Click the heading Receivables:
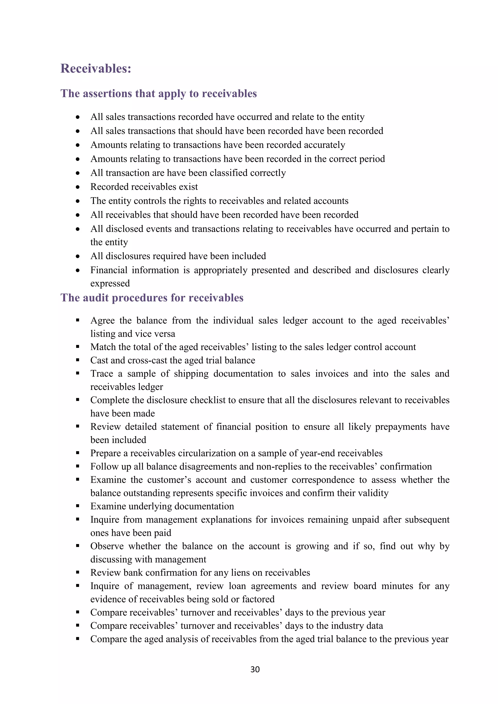click(x=96, y=68)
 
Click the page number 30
click(x=255, y=669)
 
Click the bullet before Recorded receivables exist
click(x=78, y=187)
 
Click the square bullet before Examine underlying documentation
click(x=78, y=506)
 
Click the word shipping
click(x=191, y=374)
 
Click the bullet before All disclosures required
click(x=78, y=256)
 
